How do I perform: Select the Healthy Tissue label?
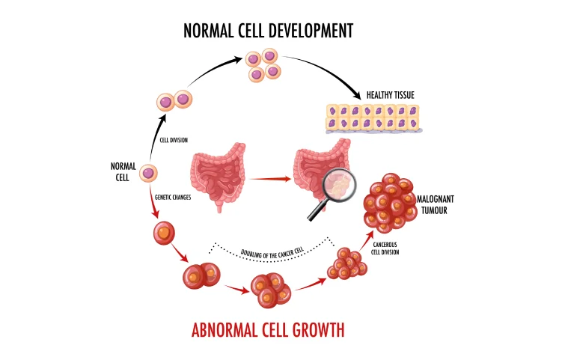pyautogui.click(x=391, y=95)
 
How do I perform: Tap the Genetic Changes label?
pyautogui.click(x=173, y=198)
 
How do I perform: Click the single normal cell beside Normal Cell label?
pyautogui.click(x=149, y=173)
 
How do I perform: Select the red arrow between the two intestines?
pyautogui.click(x=270, y=179)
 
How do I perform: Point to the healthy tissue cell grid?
pyautogui.click(x=373, y=118)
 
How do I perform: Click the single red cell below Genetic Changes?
pyautogui.click(x=163, y=233)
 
